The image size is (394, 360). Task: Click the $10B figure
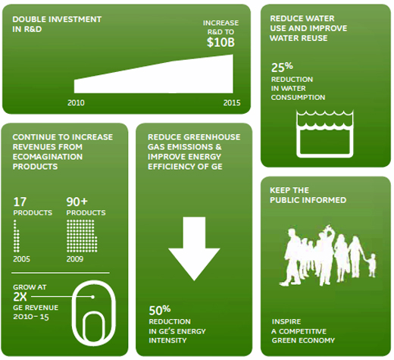pyautogui.click(x=220, y=42)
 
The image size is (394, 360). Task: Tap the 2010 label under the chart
pyautogui.click(x=76, y=103)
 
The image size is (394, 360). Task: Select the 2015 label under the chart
pyautogui.click(x=232, y=103)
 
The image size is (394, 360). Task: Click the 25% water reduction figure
pyautogui.click(x=282, y=67)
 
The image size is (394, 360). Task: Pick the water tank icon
pyautogui.click(x=325, y=134)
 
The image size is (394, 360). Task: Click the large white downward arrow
pyautogui.click(x=194, y=249)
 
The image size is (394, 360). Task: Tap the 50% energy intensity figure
pyautogui.click(x=160, y=310)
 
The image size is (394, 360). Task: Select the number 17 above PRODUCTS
pyautogui.click(x=20, y=202)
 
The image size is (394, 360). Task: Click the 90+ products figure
pyautogui.click(x=77, y=202)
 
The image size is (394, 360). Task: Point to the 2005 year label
pyautogui.click(x=21, y=259)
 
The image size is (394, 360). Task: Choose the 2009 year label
pyautogui.click(x=75, y=259)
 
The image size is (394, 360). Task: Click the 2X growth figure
pyautogui.click(x=20, y=297)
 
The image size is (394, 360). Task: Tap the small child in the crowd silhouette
pyautogui.click(x=371, y=265)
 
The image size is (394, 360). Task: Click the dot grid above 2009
pyautogui.click(x=82, y=236)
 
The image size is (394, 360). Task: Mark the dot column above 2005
pyautogui.click(x=16, y=236)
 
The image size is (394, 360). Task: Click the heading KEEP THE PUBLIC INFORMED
pyautogui.click(x=308, y=195)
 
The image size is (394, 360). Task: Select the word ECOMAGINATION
pyautogui.click(x=48, y=157)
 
